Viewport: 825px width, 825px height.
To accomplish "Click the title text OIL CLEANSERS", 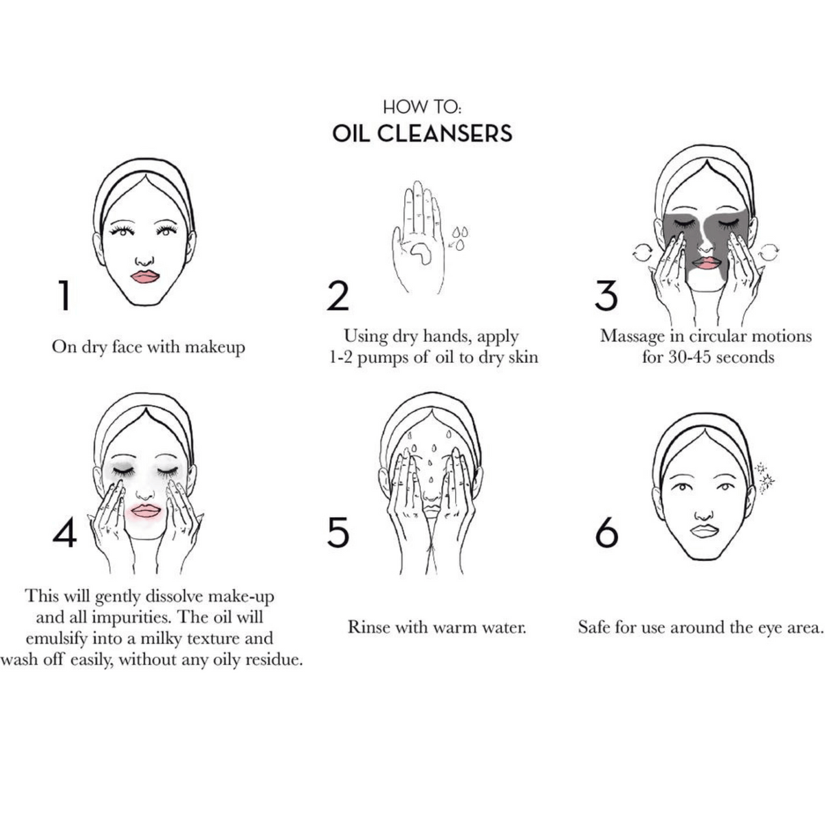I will (422, 133).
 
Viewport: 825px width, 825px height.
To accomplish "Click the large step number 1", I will (63, 295).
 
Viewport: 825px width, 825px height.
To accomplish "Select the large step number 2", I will (338, 295).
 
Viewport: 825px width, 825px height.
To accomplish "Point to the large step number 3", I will (606, 295).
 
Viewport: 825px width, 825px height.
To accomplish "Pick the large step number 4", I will (65, 533).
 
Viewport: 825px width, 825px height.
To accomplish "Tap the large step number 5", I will (338, 533).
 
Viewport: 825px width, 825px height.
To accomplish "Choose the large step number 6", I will (606, 533).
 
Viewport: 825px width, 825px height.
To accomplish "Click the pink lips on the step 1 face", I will (145, 276).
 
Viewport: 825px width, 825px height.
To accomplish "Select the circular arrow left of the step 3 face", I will (641, 253).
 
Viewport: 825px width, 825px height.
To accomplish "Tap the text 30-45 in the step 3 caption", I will (694, 357).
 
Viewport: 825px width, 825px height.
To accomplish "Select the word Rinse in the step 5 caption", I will (368, 627).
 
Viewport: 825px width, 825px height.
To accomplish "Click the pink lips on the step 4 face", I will (146, 511).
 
